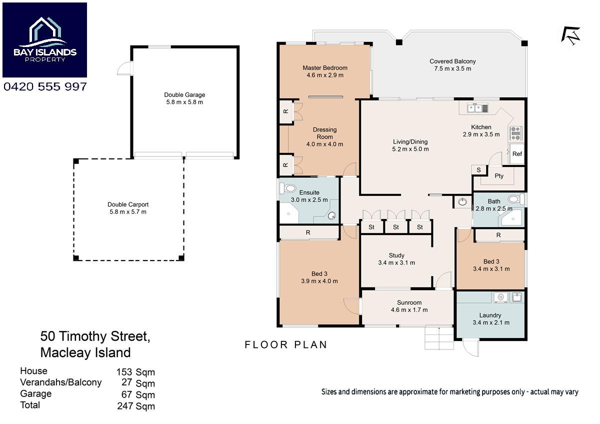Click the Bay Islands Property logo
click(x=44, y=40)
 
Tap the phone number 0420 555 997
click(x=45, y=86)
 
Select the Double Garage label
click(x=184, y=95)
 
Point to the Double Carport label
click(x=128, y=204)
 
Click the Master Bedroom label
click(x=325, y=68)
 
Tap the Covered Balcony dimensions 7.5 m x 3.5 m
click(x=452, y=69)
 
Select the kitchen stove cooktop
click(x=515, y=133)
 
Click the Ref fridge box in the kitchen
click(x=516, y=154)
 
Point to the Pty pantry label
click(x=499, y=176)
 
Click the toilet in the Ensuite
click(x=287, y=188)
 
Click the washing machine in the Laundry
click(x=500, y=297)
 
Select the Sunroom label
click(x=409, y=302)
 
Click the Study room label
click(x=396, y=255)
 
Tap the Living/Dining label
click(x=410, y=142)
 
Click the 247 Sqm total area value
click(x=136, y=406)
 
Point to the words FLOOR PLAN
click(x=286, y=344)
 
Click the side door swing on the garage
click(x=125, y=68)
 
